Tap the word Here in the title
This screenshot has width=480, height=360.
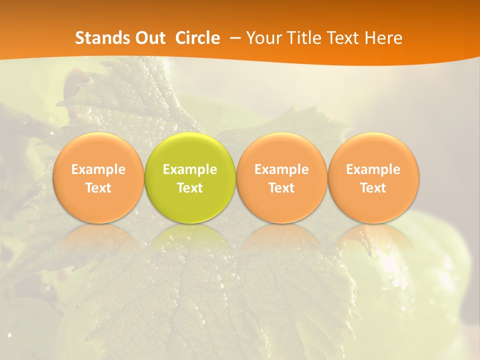coord(383,38)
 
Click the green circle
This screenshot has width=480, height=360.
coord(190,150)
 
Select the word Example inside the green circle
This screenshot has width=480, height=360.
coord(190,169)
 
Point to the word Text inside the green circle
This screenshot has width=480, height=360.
coord(190,188)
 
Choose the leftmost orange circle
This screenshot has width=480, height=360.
coord(98,150)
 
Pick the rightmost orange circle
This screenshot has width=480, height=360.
coord(373,150)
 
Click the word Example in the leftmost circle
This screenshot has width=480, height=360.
coord(98,169)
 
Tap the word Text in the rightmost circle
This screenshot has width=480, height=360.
coord(373,188)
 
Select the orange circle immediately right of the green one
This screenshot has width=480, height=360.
coord(281,150)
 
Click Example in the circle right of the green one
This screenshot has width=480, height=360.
coord(281,169)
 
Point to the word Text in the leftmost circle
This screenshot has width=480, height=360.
coord(98,188)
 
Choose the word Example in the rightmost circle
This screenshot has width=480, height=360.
coord(373,169)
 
